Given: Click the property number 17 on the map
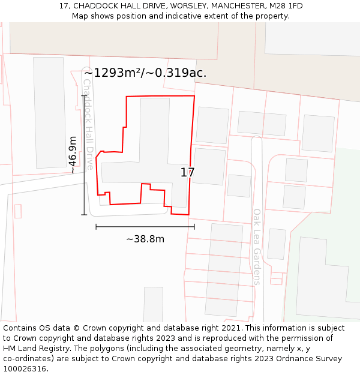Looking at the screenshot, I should pyautogui.click(x=187, y=173).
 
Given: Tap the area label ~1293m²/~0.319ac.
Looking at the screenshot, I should pyautogui.click(x=145, y=73).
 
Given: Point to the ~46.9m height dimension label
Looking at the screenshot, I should pyautogui.click(x=73, y=155).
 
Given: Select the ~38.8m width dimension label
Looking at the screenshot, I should pyautogui.click(x=145, y=239).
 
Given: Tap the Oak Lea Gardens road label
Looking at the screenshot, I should pyautogui.click(x=257, y=246).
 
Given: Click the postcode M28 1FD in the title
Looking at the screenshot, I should pyautogui.click(x=287, y=6).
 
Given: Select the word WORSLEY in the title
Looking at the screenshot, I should pyautogui.click(x=190, y=6).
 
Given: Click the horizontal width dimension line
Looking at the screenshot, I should pyautogui.click(x=145, y=226).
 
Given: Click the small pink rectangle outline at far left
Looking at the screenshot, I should pyautogui.click(x=18, y=211).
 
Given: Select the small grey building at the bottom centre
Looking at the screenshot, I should pyautogui.click(x=153, y=304).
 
